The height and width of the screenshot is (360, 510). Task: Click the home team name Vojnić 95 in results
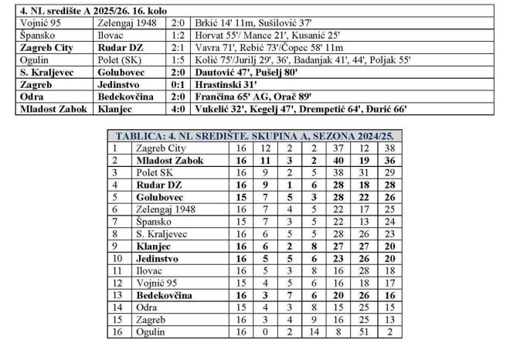pyautogui.click(x=39, y=23)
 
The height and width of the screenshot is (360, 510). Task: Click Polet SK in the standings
pyautogui.click(x=153, y=172)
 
